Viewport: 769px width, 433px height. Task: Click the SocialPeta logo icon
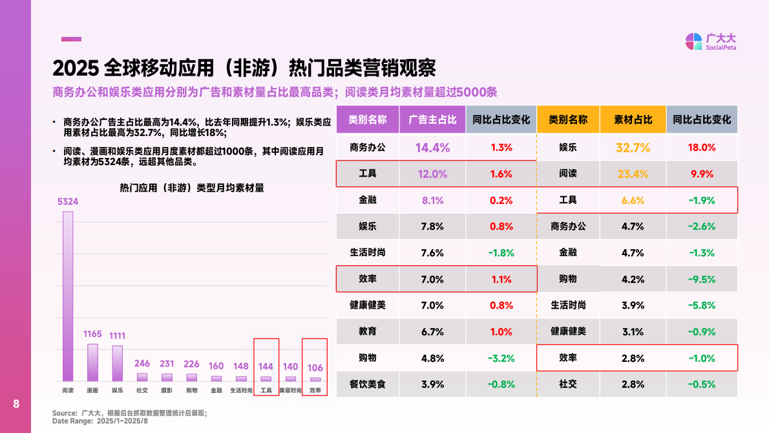(x=693, y=41)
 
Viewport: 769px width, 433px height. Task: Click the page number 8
(x=16, y=405)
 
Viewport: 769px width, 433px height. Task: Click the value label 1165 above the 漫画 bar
(x=93, y=334)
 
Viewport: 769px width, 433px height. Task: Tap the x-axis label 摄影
(x=167, y=390)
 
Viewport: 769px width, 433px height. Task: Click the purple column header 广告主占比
(x=432, y=120)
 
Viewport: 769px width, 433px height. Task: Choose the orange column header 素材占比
(x=633, y=120)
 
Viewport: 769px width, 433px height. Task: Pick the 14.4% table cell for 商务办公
(x=432, y=148)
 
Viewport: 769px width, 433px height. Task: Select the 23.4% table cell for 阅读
(x=633, y=174)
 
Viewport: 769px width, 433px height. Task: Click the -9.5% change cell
(x=702, y=279)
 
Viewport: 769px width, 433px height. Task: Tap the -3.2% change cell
(x=501, y=358)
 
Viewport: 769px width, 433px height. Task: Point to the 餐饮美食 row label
(x=368, y=384)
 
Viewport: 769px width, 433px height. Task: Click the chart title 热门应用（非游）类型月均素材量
(x=192, y=188)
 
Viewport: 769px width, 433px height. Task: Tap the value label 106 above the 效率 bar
(x=315, y=367)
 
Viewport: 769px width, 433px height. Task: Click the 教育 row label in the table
(x=368, y=331)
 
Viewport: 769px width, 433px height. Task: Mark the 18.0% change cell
(x=702, y=148)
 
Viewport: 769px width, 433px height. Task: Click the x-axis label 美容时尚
(x=290, y=390)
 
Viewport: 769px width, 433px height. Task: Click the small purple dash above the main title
(x=71, y=39)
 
